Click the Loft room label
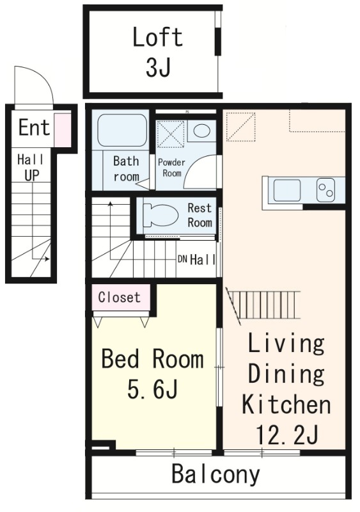click(x=158, y=37)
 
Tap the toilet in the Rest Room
click(x=160, y=215)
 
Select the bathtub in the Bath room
click(x=121, y=130)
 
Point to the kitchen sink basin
click(x=287, y=190)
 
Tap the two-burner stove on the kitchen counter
click(x=325, y=190)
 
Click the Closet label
click(x=119, y=297)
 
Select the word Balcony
click(x=215, y=474)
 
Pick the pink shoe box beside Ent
click(x=62, y=130)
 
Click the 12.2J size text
click(x=286, y=435)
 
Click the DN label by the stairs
click(x=182, y=260)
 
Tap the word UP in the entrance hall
click(x=32, y=175)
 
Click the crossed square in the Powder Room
click(x=171, y=134)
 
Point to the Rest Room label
click(x=200, y=215)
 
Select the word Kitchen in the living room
click(x=286, y=404)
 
